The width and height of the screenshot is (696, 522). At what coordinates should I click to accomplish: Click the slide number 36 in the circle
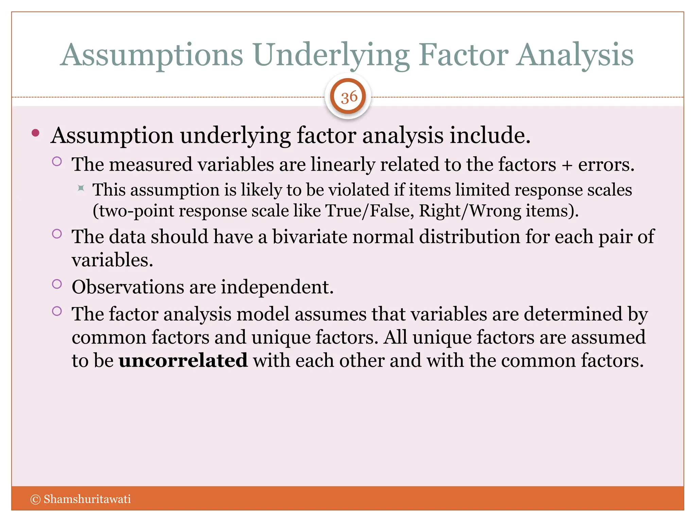(349, 98)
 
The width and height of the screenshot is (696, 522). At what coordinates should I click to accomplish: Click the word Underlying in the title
(331, 55)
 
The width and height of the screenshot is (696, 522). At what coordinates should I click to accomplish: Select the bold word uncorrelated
(183, 360)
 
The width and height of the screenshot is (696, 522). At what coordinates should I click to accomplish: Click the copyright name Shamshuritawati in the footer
(87, 499)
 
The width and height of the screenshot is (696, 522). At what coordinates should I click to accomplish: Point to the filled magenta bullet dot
(36, 133)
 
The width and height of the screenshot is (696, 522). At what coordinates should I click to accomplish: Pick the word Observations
(128, 287)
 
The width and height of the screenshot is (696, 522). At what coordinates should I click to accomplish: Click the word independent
(277, 287)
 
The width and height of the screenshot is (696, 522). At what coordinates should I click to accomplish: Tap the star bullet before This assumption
(81, 188)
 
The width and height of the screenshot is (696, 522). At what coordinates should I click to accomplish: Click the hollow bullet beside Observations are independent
(57, 284)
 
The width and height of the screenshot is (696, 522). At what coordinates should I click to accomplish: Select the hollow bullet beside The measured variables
(57, 161)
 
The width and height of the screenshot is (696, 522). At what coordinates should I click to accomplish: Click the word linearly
(343, 164)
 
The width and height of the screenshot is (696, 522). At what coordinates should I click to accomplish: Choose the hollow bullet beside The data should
(57, 233)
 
